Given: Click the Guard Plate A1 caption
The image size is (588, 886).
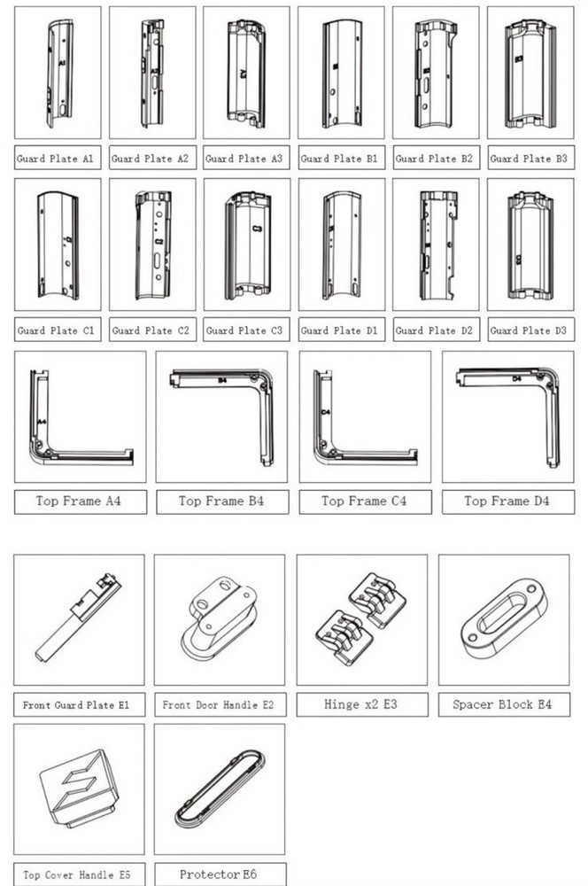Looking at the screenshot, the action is tap(56, 159).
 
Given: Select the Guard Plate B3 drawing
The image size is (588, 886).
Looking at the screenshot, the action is tap(530, 74).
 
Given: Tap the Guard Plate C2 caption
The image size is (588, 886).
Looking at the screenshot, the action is tap(151, 330).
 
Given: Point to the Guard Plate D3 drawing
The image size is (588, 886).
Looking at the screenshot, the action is tap(530, 245).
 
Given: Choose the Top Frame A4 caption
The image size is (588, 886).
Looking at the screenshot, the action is tap(79, 501).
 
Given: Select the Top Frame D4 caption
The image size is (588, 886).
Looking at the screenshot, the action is tap(507, 501).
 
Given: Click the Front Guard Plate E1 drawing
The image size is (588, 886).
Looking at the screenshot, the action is tap(78, 618).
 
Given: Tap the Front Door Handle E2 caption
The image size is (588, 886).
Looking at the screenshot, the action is tap(218, 704).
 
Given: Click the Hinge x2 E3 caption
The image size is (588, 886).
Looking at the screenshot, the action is tap(360, 704).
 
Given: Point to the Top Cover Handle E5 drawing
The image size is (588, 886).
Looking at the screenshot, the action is tap(79, 789).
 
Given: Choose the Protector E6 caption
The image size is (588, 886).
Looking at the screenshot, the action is tap(218, 874).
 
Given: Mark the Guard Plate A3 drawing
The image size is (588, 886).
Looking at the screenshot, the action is tap(245, 73).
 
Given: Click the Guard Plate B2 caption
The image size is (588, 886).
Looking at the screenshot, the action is tap(434, 159).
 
